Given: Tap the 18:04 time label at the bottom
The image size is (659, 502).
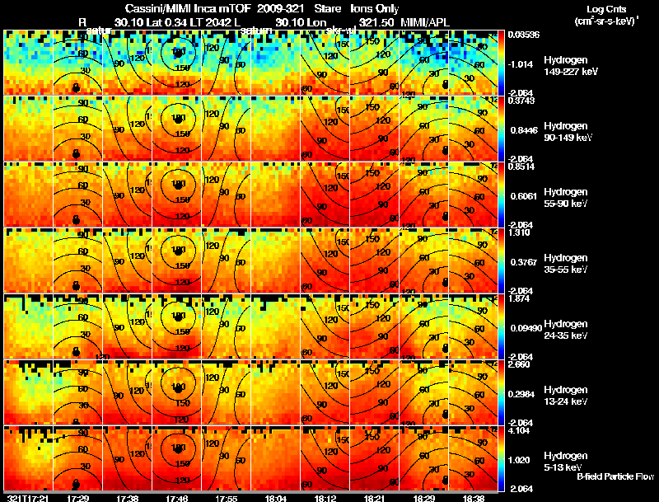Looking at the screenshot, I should click(276, 498).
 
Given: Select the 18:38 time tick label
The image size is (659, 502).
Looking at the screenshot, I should click(472, 498).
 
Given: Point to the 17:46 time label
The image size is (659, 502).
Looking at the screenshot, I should click(177, 498).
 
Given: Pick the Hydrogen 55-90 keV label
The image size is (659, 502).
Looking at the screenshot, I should click(567, 197).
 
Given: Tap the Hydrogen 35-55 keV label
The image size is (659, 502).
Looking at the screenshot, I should click(567, 263).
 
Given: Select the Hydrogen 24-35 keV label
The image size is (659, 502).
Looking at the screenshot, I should click(567, 329).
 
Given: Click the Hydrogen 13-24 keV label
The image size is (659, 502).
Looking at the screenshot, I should click(567, 395).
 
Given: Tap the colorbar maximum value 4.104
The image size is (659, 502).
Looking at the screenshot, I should click(519, 429).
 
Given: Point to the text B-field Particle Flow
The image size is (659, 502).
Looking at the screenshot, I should click(615, 476).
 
